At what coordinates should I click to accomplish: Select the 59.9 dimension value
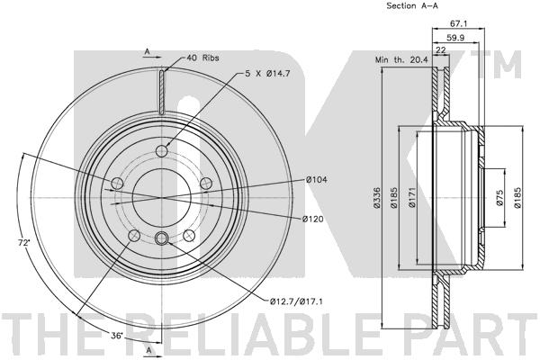pos(454,39)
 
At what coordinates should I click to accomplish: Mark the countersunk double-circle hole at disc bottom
pos(162,238)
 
